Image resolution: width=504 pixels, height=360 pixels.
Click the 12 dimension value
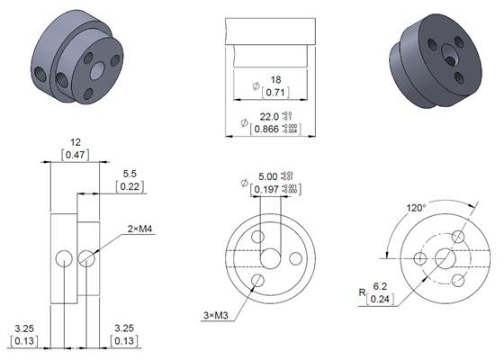tap(76, 142)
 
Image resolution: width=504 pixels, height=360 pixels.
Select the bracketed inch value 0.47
tap(76, 156)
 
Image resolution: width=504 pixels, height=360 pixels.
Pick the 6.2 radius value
tap(381, 286)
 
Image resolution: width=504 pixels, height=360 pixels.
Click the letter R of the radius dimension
tap(362, 292)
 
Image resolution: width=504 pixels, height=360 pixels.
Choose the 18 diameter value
tap(274, 80)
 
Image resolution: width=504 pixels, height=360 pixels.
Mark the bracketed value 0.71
tap(274, 93)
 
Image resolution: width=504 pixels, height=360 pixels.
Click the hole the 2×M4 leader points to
tap(85, 259)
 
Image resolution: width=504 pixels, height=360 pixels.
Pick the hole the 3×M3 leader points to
tap(258, 281)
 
